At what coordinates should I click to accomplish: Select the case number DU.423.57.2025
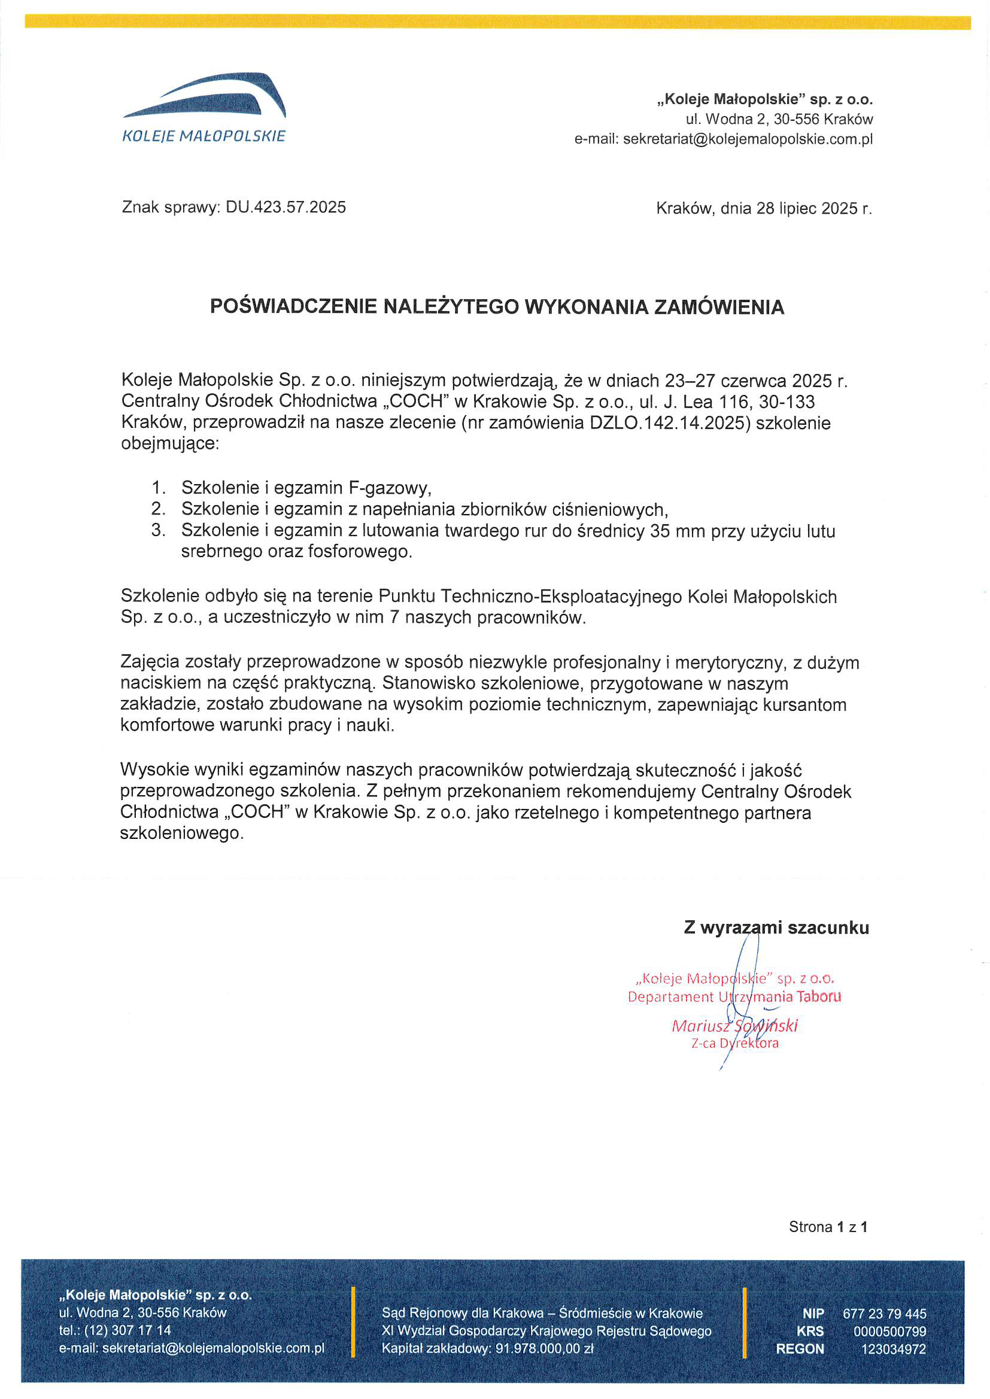point(286,207)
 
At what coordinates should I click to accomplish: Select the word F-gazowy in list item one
point(390,488)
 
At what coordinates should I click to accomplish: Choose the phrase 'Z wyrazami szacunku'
point(776,927)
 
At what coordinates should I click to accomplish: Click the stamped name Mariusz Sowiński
point(734,1026)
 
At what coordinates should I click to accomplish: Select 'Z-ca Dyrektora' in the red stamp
point(734,1042)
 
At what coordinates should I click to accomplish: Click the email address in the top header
point(748,139)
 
